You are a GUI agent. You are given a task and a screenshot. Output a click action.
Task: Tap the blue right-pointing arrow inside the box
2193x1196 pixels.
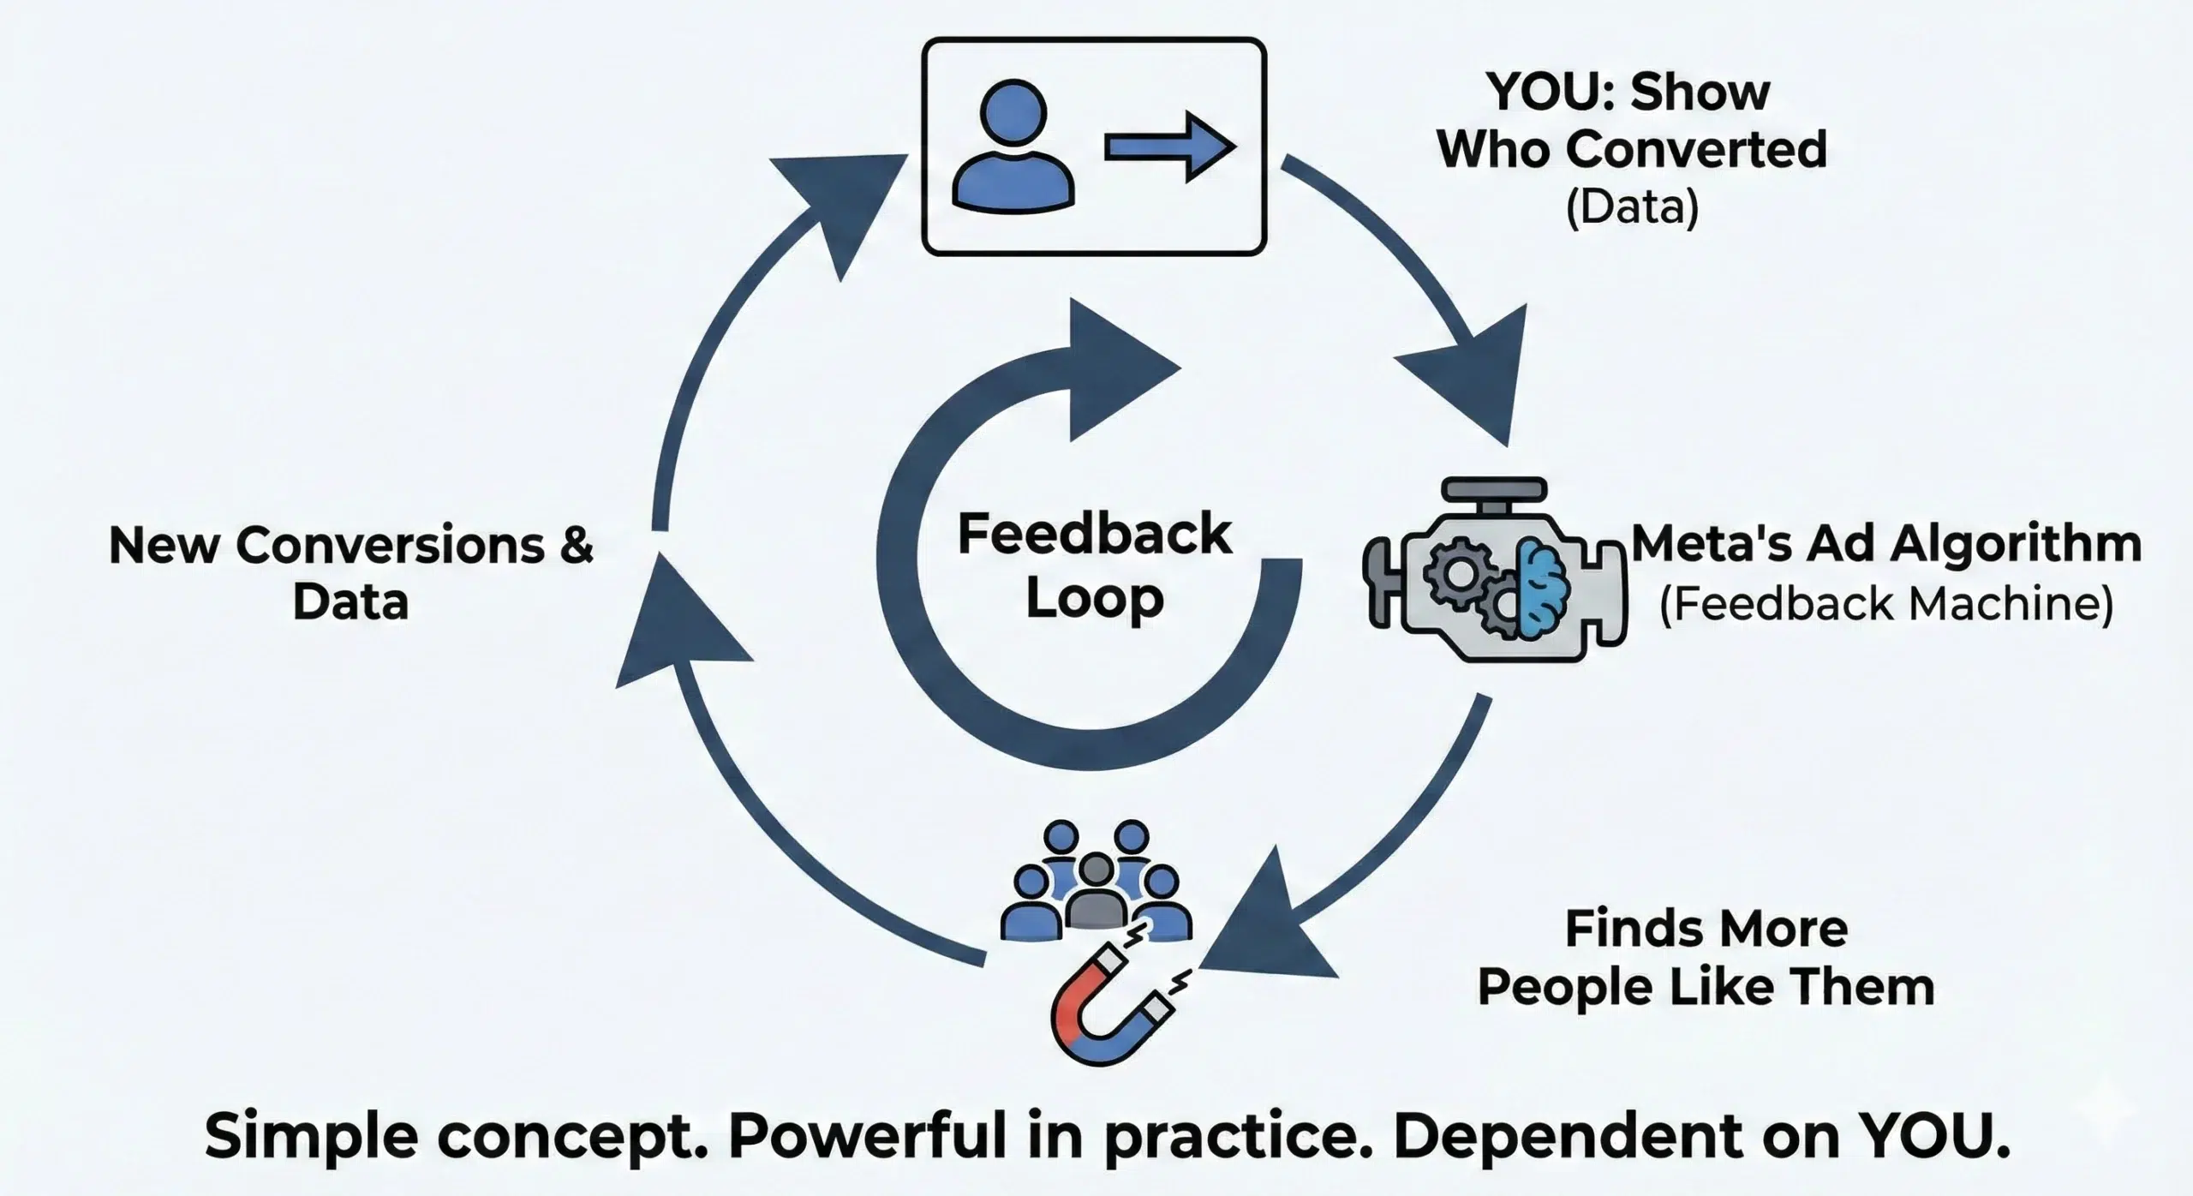click(x=1169, y=147)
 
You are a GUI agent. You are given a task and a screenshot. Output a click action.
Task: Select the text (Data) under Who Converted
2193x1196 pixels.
click(x=1632, y=208)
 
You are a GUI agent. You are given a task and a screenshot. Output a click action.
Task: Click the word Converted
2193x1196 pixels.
click(x=1700, y=150)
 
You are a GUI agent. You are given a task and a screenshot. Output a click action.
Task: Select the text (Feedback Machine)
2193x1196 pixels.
click(x=1885, y=604)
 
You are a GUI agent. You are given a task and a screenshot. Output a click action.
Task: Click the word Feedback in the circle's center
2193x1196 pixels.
click(x=1094, y=535)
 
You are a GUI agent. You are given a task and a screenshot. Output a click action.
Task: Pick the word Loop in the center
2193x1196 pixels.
click(x=1094, y=597)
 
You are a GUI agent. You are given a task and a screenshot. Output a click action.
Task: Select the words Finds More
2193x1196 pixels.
click(x=1705, y=930)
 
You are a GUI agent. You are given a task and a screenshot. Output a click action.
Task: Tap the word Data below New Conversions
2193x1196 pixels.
click(x=350, y=602)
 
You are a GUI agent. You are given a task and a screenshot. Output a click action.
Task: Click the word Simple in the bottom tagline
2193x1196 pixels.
click(x=312, y=1137)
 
